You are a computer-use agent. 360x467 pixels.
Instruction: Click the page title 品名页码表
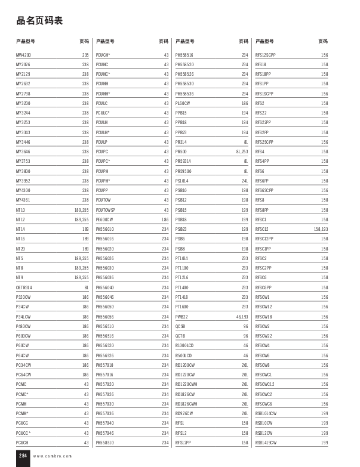coord(39,21)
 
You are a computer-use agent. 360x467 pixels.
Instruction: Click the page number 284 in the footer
coord(23,455)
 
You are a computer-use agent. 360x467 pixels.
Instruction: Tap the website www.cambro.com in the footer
coord(52,456)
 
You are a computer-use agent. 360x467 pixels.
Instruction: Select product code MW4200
coord(23,55)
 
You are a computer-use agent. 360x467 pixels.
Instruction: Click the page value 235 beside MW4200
coord(85,55)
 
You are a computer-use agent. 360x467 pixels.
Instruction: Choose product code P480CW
coord(23,326)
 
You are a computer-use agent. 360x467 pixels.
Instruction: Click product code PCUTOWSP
coord(106,210)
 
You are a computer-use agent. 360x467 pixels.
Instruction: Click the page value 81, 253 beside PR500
coord(241,151)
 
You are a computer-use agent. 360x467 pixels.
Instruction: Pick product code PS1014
coord(181,181)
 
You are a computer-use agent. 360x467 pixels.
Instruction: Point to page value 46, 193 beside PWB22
coord(242,316)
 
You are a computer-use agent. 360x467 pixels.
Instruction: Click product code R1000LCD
coord(184,345)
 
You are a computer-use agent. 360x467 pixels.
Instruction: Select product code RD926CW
coord(184,413)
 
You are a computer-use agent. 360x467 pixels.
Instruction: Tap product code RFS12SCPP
coord(265,55)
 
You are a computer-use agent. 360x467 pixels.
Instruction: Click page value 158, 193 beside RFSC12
coord(321,229)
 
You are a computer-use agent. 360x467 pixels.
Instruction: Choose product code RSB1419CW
coord(266,443)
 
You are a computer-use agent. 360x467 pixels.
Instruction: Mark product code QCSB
coord(180,326)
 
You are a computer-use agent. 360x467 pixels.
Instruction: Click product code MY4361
coord(23,200)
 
